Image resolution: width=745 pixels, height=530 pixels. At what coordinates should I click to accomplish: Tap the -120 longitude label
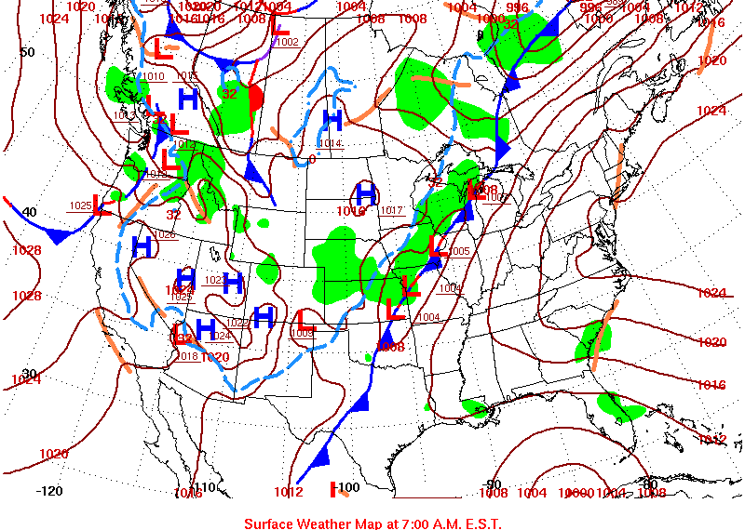49,490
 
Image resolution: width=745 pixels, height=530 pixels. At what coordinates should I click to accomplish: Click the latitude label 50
27,52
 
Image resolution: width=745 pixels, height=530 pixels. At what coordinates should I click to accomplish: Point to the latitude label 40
29,212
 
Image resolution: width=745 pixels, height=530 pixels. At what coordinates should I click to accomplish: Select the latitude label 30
29,373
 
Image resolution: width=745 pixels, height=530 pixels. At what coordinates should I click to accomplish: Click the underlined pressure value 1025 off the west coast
80,205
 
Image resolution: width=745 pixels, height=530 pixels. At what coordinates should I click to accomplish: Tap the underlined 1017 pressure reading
392,210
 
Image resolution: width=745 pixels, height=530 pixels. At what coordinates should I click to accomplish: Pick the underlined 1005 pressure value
460,251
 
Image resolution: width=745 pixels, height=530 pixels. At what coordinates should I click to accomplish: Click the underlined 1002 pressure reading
288,42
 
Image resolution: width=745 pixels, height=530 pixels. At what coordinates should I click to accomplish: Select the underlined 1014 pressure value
329,143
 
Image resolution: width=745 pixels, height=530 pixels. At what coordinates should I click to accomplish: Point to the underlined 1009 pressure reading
303,332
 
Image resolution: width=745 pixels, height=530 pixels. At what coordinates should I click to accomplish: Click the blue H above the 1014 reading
332,119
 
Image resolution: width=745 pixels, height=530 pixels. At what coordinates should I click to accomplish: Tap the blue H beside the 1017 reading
366,194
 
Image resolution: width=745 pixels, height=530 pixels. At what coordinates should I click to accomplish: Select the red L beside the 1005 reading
439,246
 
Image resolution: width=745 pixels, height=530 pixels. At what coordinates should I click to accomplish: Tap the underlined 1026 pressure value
166,234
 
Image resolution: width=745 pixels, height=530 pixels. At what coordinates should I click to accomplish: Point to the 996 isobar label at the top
517,7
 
